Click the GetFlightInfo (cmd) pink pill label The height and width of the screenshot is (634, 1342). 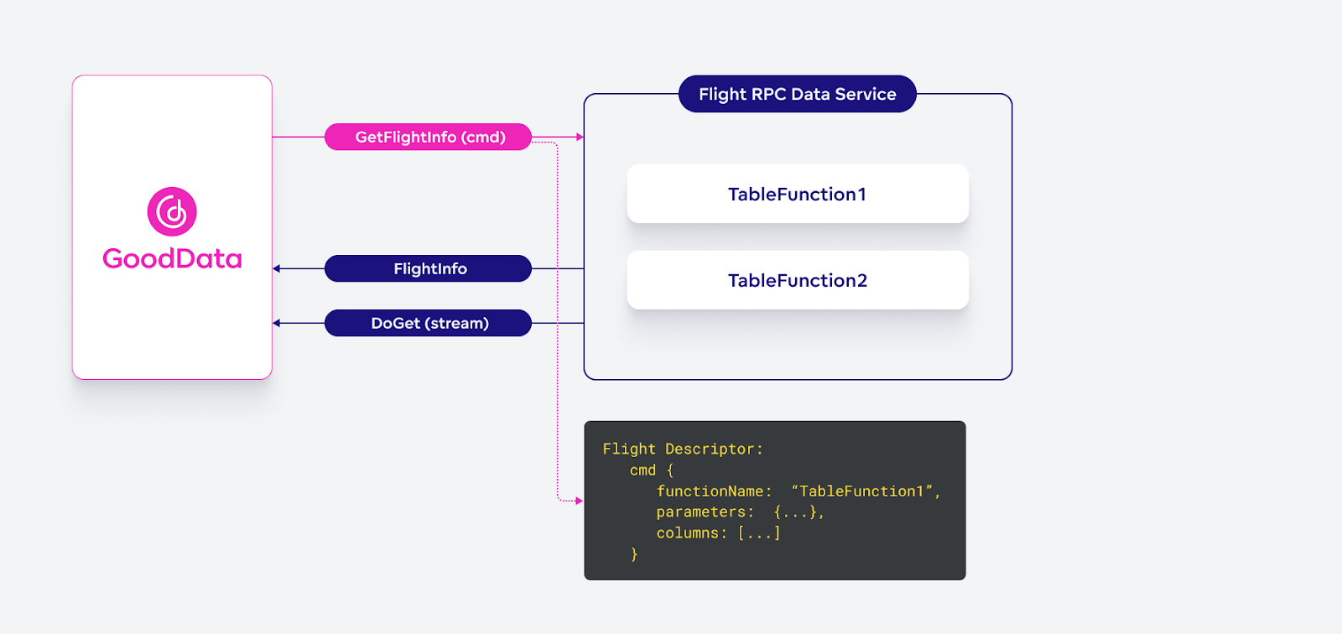coord(429,137)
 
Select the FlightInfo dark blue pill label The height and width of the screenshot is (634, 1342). coord(429,268)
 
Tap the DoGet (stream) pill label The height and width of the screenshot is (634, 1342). coord(429,323)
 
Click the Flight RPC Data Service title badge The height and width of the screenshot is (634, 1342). coord(797,94)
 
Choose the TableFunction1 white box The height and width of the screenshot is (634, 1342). coord(798,194)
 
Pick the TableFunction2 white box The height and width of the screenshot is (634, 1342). coord(798,280)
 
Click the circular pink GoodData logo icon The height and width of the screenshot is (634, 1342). coord(172,211)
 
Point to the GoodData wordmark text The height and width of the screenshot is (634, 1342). coord(172,258)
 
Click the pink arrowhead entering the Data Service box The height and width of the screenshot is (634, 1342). coord(580,137)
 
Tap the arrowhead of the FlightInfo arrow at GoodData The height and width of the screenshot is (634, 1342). coord(277,268)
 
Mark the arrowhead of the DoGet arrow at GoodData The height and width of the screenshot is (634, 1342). coord(277,323)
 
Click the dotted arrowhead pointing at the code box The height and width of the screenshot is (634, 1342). coord(579,501)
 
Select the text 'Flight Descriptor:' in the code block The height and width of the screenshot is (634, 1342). coord(683,450)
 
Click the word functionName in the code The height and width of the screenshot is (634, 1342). coord(710,491)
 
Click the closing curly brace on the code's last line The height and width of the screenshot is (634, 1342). coord(634,554)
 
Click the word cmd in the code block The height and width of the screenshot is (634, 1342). coord(642,470)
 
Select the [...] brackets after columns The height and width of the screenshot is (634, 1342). coord(759,533)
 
